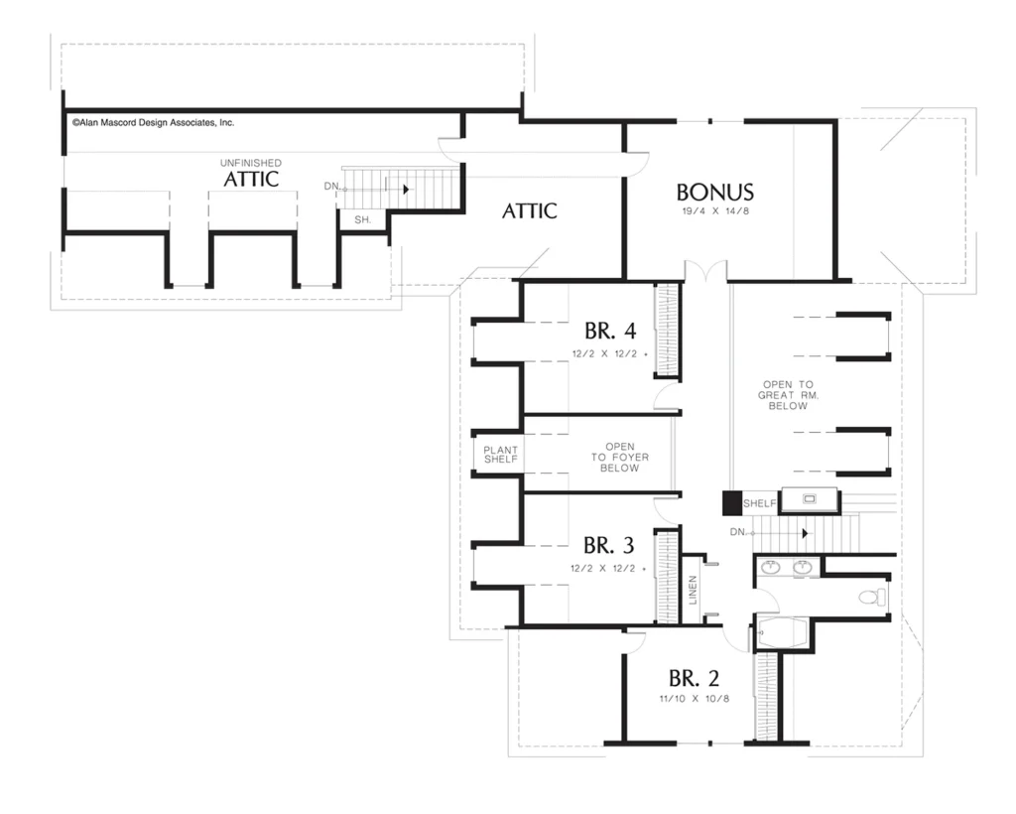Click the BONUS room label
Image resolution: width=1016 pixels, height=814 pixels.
pyautogui.click(x=714, y=192)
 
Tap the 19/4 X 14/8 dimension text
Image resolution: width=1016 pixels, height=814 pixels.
pyautogui.click(x=715, y=210)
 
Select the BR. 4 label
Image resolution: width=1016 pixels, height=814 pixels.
pyautogui.click(x=610, y=331)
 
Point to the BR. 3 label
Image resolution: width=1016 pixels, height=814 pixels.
pyautogui.click(x=608, y=545)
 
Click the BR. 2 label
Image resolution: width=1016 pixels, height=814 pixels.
pyautogui.click(x=694, y=678)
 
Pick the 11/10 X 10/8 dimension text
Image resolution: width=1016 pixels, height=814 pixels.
pyautogui.click(x=695, y=699)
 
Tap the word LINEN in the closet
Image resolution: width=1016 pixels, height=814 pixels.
pyautogui.click(x=693, y=590)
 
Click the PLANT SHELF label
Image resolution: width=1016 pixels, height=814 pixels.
pyautogui.click(x=501, y=455)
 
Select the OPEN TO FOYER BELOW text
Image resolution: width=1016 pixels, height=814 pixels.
pyautogui.click(x=619, y=457)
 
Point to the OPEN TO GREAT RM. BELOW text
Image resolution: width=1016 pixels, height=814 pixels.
pyautogui.click(x=788, y=395)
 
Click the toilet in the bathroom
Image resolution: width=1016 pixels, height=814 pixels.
pyautogui.click(x=871, y=597)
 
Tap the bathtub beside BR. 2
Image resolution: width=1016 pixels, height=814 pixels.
pyautogui.click(x=782, y=632)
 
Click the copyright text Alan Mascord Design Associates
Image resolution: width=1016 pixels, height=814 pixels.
pyautogui.click(x=153, y=122)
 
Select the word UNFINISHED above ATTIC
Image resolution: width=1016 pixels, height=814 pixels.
pyautogui.click(x=251, y=163)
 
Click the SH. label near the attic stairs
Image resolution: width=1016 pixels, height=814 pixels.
pyautogui.click(x=363, y=219)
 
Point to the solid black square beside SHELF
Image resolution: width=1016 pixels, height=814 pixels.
pyautogui.click(x=732, y=503)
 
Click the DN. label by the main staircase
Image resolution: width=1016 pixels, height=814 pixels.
pyautogui.click(x=738, y=532)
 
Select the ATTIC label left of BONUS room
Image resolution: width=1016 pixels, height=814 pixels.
pyautogui.click(x=530, y=210)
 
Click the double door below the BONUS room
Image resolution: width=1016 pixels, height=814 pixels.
pyautogui.click(x=705, y=271)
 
